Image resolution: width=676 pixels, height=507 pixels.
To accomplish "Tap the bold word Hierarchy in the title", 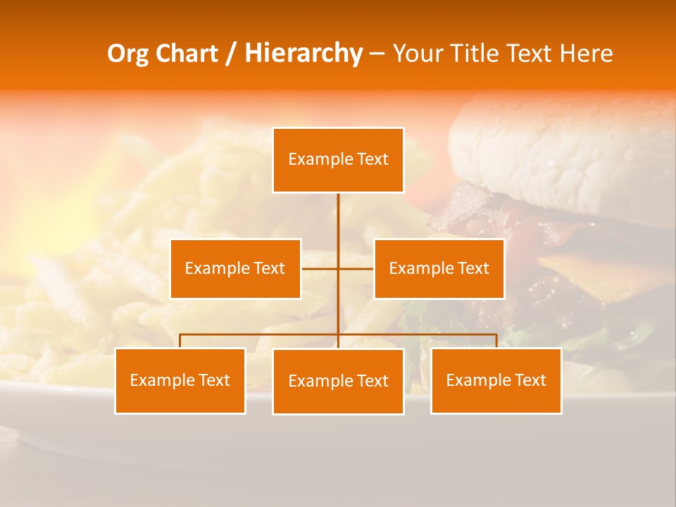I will click(x=303, y=54).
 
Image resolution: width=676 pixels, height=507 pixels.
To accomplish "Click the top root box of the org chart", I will click(x=338, y=160).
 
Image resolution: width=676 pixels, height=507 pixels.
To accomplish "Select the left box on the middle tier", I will click(x=235, y=268).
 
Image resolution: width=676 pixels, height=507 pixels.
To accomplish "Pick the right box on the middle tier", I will click(x=439, y=268).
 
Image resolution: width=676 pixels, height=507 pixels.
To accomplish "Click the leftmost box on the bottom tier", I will click(x=180, y=380).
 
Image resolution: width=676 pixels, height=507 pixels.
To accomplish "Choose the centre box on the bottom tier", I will click(x=338, y=381).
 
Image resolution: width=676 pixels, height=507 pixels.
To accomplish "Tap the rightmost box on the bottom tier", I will click(x=496, y=380).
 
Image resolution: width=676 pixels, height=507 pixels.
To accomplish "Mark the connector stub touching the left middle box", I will click(x=319, y=268).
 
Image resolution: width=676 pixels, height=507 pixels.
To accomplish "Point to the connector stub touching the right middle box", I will click(x=356, y=268).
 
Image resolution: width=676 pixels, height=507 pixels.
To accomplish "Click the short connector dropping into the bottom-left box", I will click(x=180, y=342).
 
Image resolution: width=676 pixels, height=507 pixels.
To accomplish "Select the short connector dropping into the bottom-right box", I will click(x=496, y=342).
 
